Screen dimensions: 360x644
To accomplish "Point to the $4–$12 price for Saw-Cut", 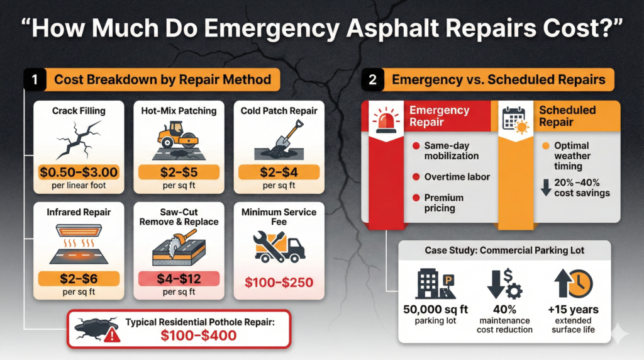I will (x=179, y=278).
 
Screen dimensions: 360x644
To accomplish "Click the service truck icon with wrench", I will (x=279, y=246).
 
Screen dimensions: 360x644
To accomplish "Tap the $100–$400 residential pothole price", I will (x=198, y=335).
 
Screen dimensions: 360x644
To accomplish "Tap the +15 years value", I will (x=573, y=310).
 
